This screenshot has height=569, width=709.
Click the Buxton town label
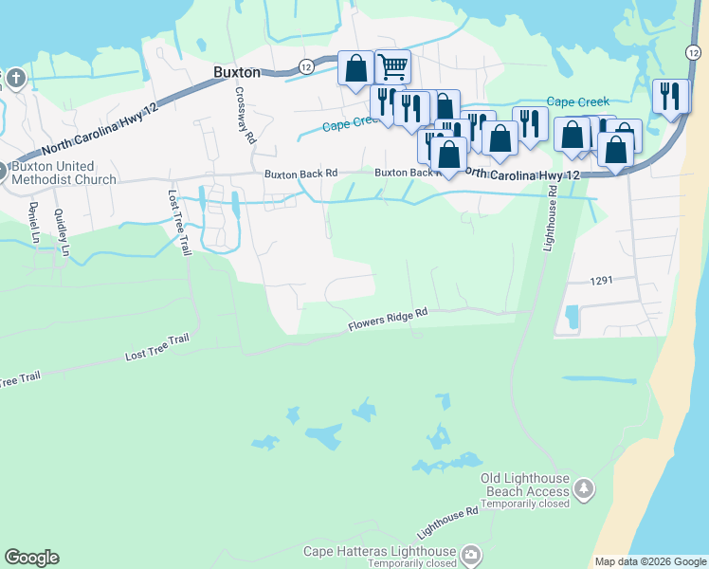237,71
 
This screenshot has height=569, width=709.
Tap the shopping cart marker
391,67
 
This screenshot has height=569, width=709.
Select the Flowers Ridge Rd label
389,319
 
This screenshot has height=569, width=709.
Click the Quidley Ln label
63,232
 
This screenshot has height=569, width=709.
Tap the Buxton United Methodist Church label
64,173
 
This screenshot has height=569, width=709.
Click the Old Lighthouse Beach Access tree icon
585,487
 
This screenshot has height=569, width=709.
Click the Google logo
31,558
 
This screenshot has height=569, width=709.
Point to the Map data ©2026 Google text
649,561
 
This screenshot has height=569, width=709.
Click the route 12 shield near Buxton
305,66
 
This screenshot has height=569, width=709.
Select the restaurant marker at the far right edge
670,97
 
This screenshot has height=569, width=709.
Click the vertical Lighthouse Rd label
549,217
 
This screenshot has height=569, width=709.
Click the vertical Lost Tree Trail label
178,223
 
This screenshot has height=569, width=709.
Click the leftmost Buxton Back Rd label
300,174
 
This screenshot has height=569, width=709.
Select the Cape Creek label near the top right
578,102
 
